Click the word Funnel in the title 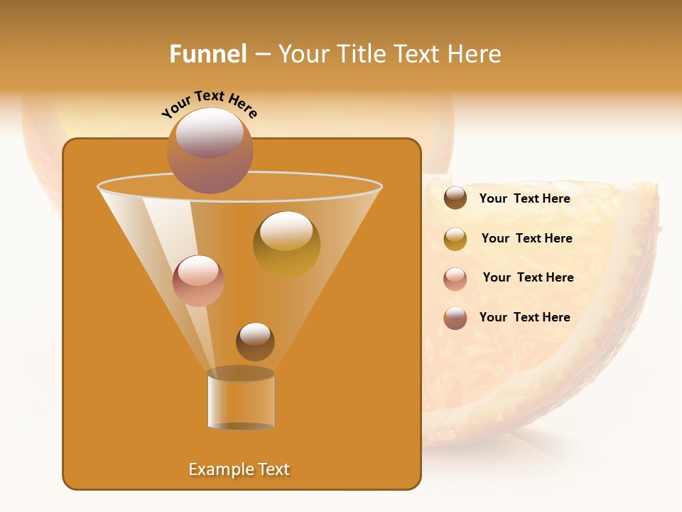pos(207,54)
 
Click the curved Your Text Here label pos(209,105)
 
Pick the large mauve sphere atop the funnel pos(210,151)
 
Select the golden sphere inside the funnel pos(286,245)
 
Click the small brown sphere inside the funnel pos(255,342)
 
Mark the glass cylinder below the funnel pos(241,400)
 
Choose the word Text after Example pos(273,469)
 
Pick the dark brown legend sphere pos(455,198)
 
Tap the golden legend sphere pos(455,239)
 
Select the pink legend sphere pos(455,279)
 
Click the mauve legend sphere pos(455,318)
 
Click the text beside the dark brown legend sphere pos(524,198)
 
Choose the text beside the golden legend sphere pos(526,238)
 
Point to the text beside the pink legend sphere pos(528,277)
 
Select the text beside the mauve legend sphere pos(524,317)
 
